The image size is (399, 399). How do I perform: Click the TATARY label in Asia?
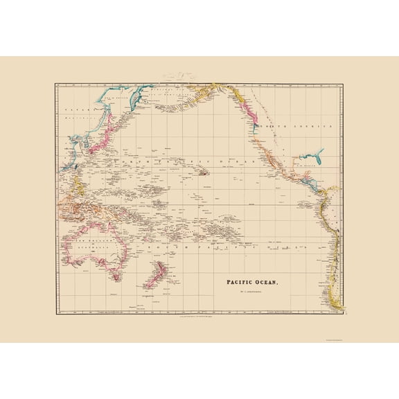point(71,109)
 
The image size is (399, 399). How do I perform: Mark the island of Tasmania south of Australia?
point(116,277)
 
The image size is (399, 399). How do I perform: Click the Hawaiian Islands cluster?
point(205,170)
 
